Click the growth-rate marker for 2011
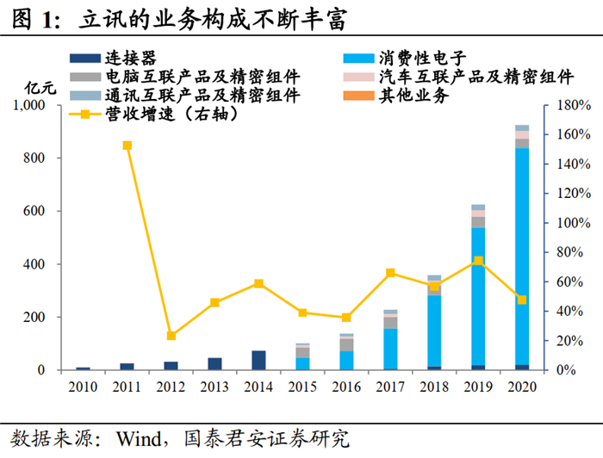click(127, 145)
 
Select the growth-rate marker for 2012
click(171, 336)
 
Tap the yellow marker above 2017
click(390, 273)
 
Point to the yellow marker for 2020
click(522, 300)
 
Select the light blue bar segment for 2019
click(478, 296)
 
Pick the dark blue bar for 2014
click(259, 360)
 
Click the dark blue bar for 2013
click(215, 363)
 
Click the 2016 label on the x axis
click(346, 386)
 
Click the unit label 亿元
click(40, 88)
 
